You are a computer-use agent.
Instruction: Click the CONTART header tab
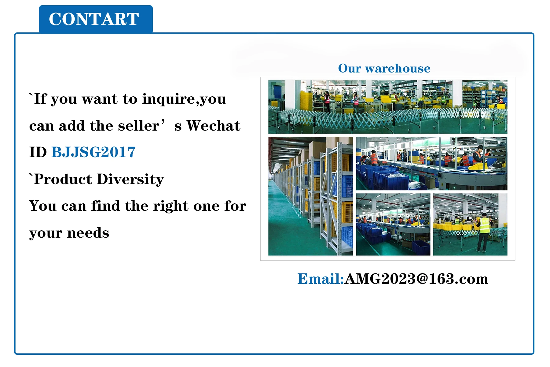(x=96, y=19)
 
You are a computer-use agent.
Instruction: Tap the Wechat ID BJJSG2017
(x=94, y=152)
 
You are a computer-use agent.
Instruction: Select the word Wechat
(x=214, y=125)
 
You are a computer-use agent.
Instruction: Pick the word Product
(x=63, y=179)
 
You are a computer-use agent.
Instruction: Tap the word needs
(x=88, y=233)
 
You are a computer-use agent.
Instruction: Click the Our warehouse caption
(x=384, y=68)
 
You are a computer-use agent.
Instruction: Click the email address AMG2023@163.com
(x=416, y=279)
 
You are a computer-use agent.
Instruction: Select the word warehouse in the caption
(x=398, y=68)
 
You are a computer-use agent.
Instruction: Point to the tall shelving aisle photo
(x=310, y=196)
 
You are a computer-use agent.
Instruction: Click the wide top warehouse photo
(x=388, y=107)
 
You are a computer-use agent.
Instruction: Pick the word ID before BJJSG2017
(x=38, y=152)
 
